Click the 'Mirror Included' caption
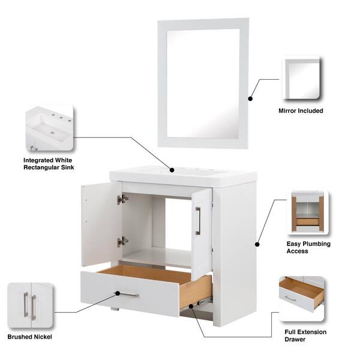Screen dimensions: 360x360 301,110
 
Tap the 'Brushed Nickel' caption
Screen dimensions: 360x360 29,337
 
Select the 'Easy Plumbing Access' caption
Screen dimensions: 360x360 308,247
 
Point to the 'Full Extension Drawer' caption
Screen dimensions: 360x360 305,335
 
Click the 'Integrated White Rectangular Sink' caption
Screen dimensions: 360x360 49,164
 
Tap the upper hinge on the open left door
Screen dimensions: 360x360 122,199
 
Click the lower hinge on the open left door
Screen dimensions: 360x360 122,242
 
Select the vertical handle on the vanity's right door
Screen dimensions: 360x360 198,221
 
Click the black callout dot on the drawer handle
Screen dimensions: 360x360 118,293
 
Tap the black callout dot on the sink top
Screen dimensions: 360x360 172,170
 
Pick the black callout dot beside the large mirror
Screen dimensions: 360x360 250,98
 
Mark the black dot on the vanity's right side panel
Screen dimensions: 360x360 257,245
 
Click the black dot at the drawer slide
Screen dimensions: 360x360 191,306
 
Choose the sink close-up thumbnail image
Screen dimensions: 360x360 50,128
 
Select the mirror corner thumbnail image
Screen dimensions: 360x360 301,78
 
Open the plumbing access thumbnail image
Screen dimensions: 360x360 308,212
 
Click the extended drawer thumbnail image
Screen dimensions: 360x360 302,298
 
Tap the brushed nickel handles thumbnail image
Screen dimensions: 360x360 31,305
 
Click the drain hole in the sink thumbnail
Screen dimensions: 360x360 53,133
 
